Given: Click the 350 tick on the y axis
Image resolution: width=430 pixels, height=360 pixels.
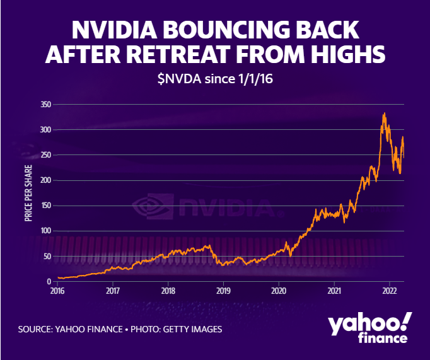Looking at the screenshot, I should [x=45, y=105].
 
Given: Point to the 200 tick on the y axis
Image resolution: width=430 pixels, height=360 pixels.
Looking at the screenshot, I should [x=45, y=180].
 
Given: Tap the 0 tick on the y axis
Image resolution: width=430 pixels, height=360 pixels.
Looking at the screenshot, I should [x=49, y=281].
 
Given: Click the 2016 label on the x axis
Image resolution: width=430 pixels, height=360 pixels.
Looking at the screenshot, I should [x=57, y=291].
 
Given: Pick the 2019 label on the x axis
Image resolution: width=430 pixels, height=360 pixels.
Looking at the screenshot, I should [x=223, y=291].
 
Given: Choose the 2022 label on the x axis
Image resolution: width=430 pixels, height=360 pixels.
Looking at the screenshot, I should [x=390, y=291].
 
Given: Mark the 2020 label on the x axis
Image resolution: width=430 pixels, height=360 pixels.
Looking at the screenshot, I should [x=279, y=291].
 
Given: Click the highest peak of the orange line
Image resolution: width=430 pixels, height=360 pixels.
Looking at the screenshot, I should [x=385, y=113].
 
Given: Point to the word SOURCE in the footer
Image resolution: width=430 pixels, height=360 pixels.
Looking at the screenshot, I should [x=37, y=329].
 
